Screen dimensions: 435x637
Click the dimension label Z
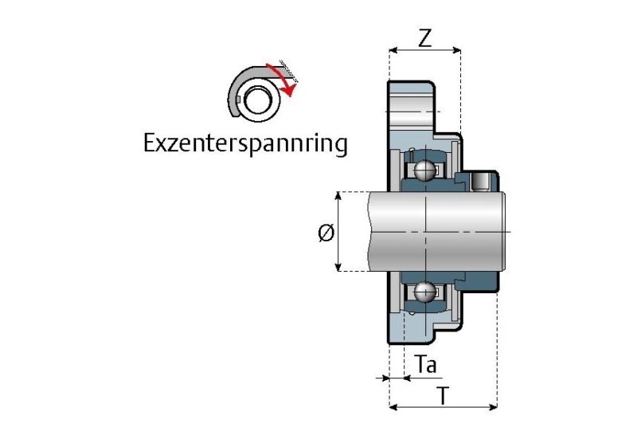click(x=425, y=38)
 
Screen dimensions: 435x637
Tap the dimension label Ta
click(x=427, y=365)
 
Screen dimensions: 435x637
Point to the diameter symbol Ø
click(x=324, y=233)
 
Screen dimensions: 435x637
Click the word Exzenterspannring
click(x=245, y=144)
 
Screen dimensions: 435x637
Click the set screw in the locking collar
click(x=482, y=182)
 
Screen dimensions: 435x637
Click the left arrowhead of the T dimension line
click(x=393, y=407)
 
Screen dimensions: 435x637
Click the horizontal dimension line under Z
click(x=424, y=51)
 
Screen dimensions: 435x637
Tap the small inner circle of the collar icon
click(x=256, y=100)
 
